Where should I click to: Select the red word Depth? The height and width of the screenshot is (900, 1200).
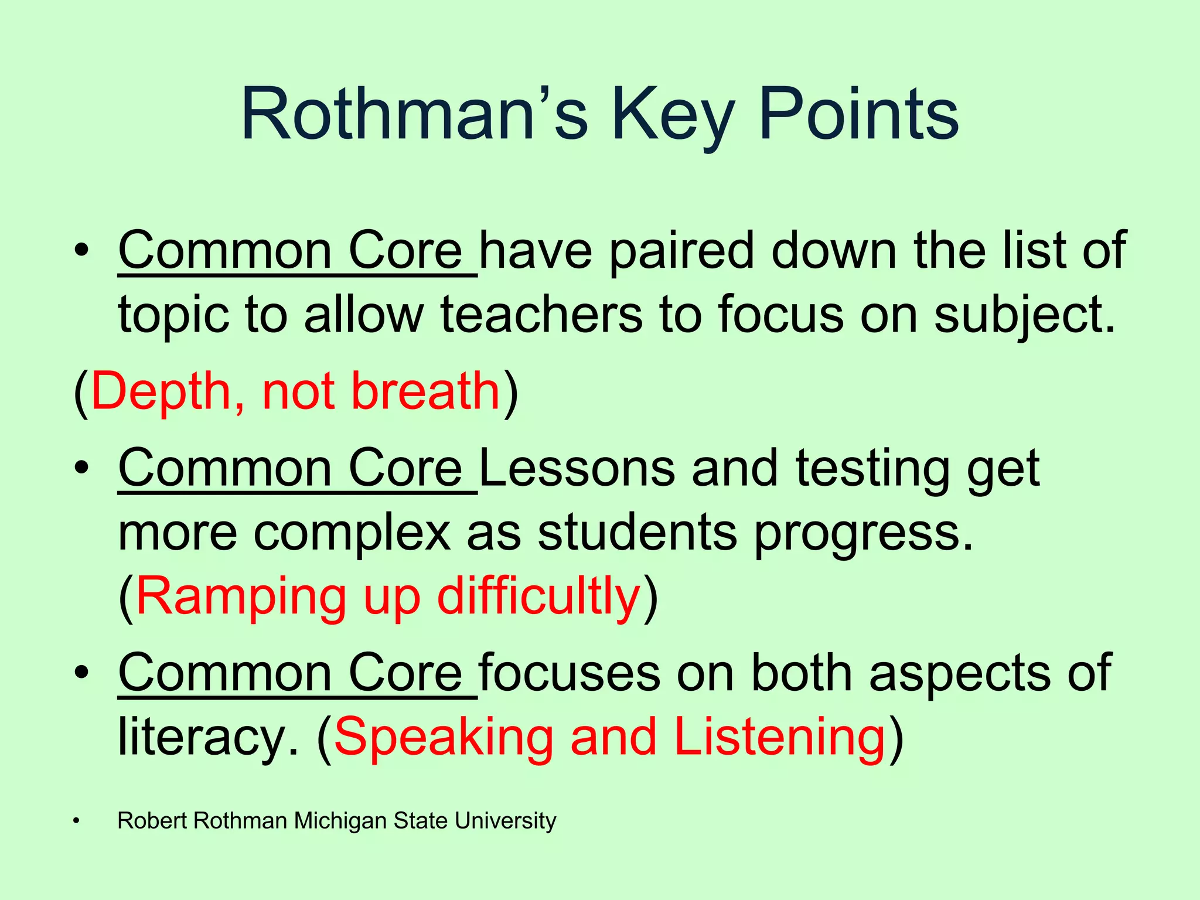click(x=161, y=391)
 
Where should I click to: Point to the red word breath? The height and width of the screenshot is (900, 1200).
click(x=425, y=391)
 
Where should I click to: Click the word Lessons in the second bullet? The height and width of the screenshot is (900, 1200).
click(x=577, y=468)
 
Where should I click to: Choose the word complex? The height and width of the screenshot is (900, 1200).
click(x=352, y=533)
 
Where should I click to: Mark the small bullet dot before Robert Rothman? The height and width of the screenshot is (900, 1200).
click(x=76, y=821)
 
